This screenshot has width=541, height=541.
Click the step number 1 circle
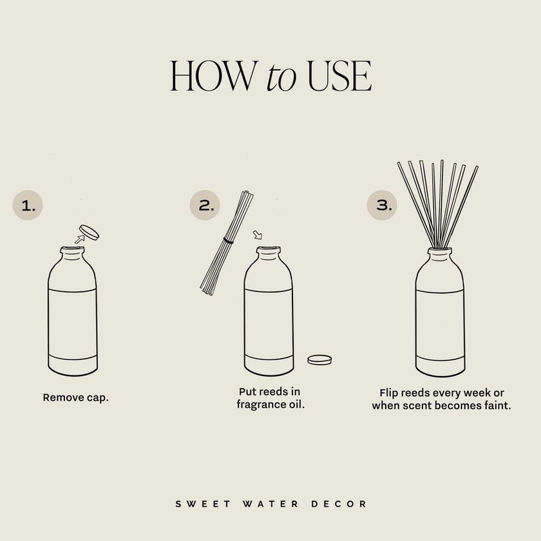click(x=28, y=206)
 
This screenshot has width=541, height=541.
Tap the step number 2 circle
click(x=205, y=206)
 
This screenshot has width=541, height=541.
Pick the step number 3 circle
click(x=383, y=206)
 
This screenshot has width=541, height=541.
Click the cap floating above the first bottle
click(x=89, y=232)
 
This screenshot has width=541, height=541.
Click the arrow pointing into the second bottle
click(x=258, y=236)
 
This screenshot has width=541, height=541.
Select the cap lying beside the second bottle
click(x=319, y=360)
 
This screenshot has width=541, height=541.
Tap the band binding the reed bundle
click(x=227, y=240)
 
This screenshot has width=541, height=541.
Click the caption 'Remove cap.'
click(x=75, y=397)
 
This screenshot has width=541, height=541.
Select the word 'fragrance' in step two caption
click(x=260, y=405)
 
